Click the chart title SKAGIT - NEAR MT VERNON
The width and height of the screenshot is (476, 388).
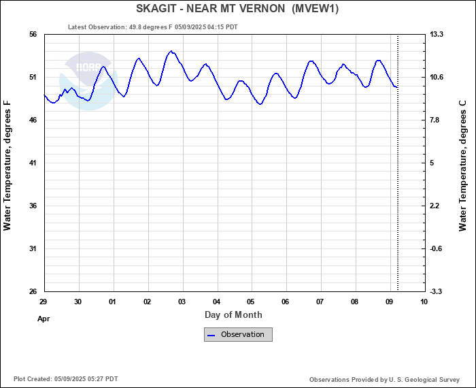(237, 9)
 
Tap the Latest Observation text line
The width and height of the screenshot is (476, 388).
(153, 27)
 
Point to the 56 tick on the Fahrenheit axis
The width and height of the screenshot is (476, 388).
(32, 34)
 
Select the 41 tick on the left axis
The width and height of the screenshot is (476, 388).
(32, 163)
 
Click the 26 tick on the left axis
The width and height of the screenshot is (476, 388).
(32, 291)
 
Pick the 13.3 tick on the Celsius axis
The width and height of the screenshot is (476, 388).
(437, 34)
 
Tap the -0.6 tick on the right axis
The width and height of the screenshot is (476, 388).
(437, 248)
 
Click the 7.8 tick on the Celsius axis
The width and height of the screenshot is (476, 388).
(437, 120)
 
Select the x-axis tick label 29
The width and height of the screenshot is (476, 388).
(43, 302)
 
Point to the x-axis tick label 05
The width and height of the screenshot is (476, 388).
(251, 302)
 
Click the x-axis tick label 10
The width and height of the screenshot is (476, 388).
(424, 302)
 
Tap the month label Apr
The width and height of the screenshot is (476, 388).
(44, 318)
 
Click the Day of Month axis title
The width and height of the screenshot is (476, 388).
(233, 314)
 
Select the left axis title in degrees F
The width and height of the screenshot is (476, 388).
(7, 165)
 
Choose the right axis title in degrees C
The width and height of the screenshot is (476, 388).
(463, 165)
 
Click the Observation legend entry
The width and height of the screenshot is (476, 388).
(238, 334)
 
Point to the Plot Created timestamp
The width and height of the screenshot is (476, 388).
(65, 379)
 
